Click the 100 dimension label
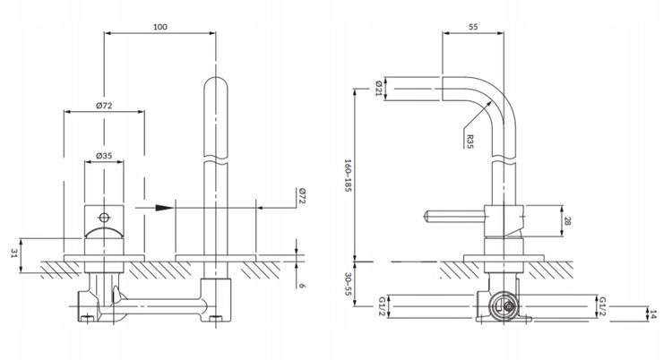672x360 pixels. [x=159, y=27]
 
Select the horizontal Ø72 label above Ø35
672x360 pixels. [x=104, y=107]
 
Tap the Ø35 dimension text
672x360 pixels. [x=104, y=156]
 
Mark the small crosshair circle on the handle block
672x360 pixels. [x=104, y=217]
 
